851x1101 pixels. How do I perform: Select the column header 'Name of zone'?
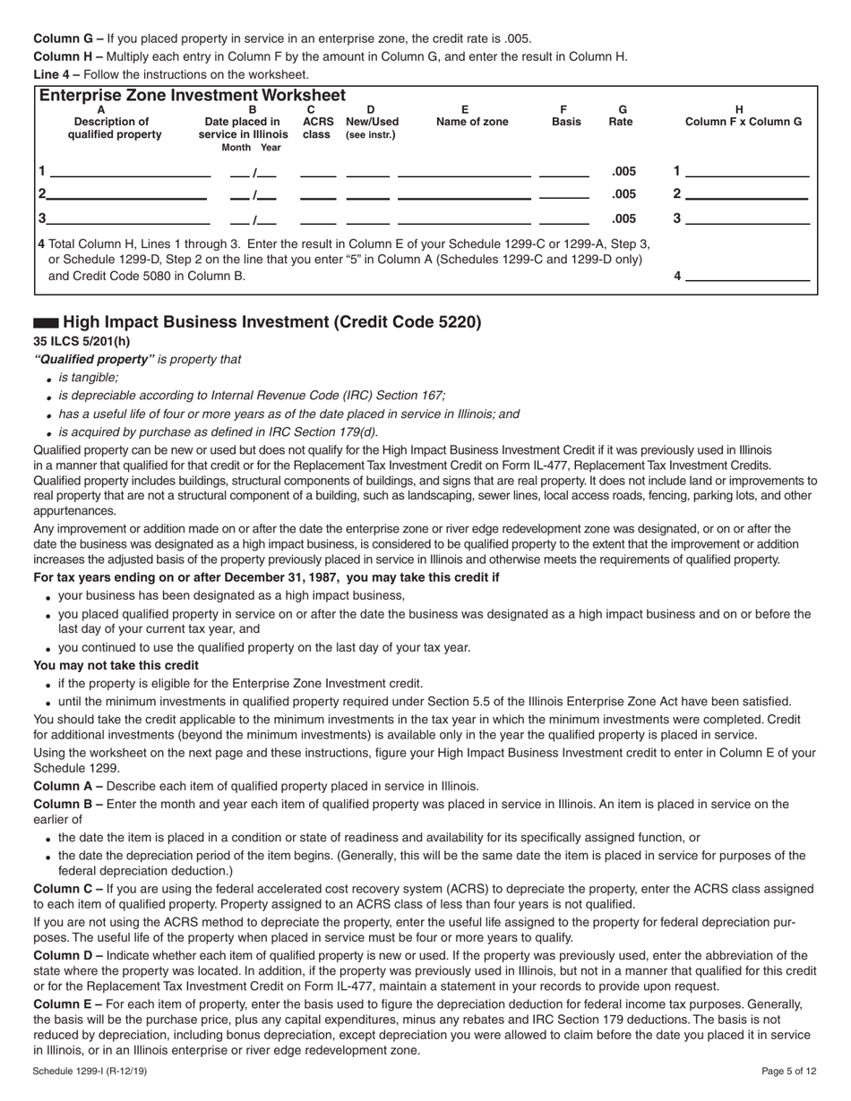[x=471, y=122]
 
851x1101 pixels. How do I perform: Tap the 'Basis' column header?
[x=565, y=122]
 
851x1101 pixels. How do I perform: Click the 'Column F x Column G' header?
[x=743, y=122]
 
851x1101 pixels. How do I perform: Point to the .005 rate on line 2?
[x=623, y=194]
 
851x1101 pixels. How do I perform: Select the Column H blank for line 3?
[x=747, y=218]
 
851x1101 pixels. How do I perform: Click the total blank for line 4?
[x=747, y=276]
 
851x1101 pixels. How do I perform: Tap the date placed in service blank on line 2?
[x=254, y=194]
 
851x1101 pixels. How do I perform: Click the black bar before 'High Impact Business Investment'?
[x=46, y=322]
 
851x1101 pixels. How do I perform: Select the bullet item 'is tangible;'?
[x=88, y=378]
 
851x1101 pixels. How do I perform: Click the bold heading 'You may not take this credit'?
[x=116, y=665]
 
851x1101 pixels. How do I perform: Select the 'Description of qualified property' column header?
[x=115, y=128]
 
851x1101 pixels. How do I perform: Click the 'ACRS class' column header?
[x=317, y=128]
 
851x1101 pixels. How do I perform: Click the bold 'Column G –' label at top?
[x=68, y=38]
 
